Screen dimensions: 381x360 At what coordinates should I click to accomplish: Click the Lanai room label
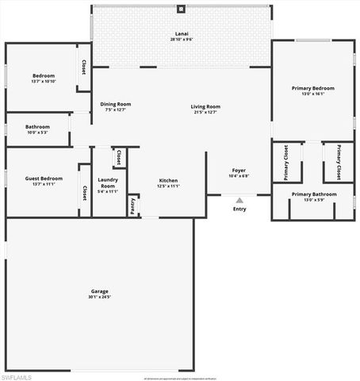tap(181, 33)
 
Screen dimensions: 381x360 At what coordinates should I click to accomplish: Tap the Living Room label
tap(205, 106)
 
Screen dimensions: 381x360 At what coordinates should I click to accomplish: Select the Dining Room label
tap(116, 104)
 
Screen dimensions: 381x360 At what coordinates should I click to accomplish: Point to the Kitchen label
tap(168, 180)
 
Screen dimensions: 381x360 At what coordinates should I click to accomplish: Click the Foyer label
tap(239, 171)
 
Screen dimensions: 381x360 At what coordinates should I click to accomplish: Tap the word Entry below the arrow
tap(239, 209)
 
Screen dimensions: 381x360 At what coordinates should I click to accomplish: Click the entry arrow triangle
tap(239, 201)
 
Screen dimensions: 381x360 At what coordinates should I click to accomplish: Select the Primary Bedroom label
tap(313, 88)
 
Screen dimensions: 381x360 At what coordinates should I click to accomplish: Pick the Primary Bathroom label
tap(313, 194)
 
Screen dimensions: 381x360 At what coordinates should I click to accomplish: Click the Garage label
tap(99, 291)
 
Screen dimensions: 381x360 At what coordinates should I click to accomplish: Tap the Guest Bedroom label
tap(44, 179)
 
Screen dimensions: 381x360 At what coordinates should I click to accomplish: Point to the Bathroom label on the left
tap(37, 126)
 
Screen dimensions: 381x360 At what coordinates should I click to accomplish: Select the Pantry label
tap(132, 205)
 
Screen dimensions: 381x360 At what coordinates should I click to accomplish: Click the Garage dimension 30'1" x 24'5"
tap(99, 297)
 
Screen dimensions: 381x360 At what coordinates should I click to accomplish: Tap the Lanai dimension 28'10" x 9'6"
tap(181, 39)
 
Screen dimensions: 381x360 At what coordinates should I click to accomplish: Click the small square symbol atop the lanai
tap(181, 9)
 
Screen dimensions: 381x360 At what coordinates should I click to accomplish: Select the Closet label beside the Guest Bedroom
tap(85, 193)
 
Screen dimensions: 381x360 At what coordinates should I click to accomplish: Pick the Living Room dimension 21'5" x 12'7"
tap(205, 112)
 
